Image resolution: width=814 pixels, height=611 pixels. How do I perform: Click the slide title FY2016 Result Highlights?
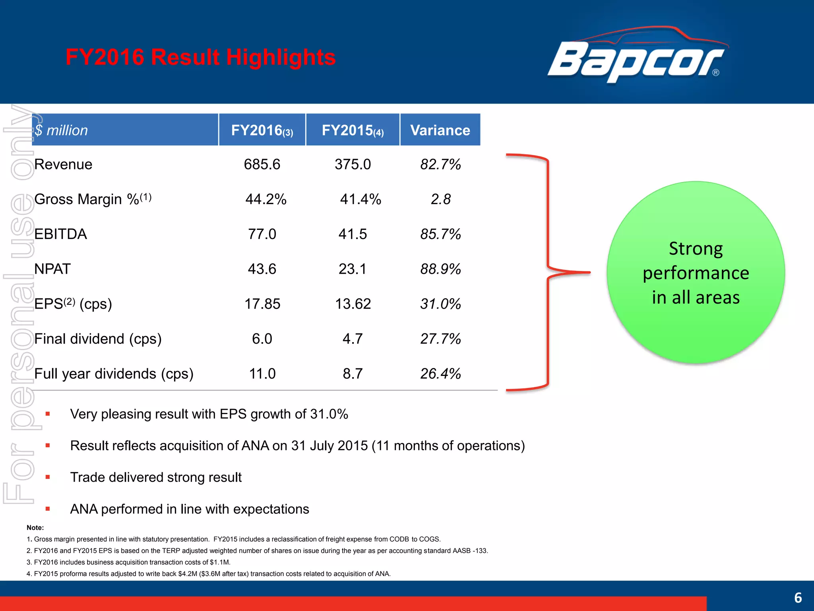tap(201, 57)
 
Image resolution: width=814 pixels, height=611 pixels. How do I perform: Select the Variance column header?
tap(440, 130)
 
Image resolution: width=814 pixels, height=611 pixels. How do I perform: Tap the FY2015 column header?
tap(353, 130)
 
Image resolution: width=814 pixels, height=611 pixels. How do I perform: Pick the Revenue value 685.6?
tap(262, 164)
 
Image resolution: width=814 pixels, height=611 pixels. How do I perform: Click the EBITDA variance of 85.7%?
tap(440, 234)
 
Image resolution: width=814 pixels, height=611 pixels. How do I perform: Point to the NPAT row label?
tap(52, 269)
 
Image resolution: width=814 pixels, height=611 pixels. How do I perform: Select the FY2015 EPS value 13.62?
tap(353, 304)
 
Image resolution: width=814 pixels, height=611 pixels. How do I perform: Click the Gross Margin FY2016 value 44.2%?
tap(266, 199)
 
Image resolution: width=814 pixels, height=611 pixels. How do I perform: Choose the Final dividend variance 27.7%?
tap(440, 339)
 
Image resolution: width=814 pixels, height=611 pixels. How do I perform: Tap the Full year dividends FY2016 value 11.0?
tap(262, 374)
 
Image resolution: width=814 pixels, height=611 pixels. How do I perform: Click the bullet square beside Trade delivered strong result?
tap(48, 477)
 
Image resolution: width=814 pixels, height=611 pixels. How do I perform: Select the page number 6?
tap(798, 598)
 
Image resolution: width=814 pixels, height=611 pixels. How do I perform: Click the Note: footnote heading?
tap(35, 528)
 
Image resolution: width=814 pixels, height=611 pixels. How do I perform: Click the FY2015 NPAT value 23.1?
tap(352, 269)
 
